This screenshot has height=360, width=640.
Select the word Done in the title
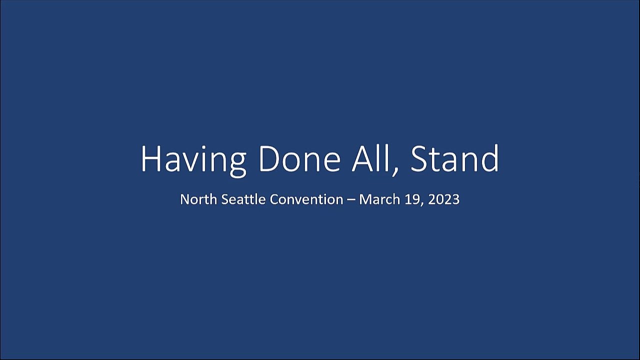coord(299,159)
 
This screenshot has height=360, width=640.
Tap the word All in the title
coord(370,158)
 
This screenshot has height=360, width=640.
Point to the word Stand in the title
coord(454,158)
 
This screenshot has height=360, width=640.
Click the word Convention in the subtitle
coord(306,199)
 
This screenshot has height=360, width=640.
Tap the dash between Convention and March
coord(351,200)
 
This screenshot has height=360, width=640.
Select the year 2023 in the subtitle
coord(443,199)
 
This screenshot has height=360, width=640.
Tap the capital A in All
coord(362,159)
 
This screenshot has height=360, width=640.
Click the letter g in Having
coord(237,165)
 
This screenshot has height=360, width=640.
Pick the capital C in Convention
coord(274,199)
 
